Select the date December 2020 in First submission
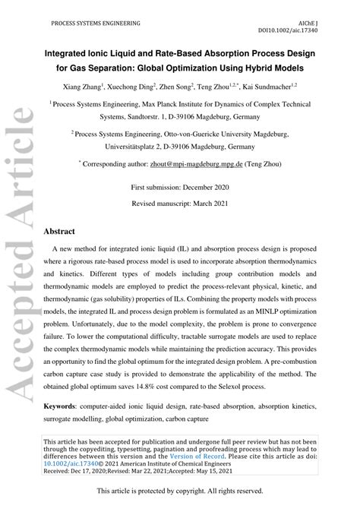click(x=213, y=187)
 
